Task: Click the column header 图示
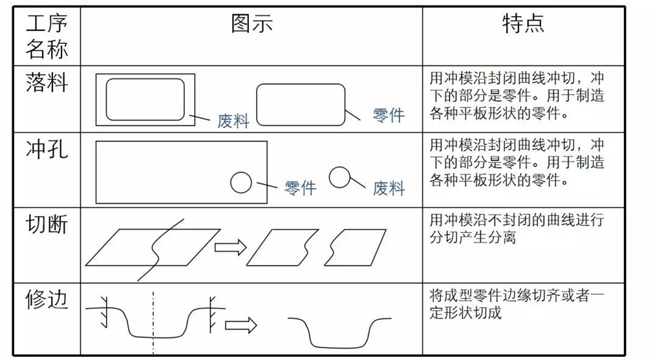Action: coord(251,24)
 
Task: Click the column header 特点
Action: coord(523,24)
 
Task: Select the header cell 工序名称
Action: coord(46,37)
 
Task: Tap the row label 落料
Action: coord(46,82)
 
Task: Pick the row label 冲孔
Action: coord(46,149)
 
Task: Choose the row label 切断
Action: coord(46,225)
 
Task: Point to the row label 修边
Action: coord(46,300)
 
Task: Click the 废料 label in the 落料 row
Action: coord(233,121)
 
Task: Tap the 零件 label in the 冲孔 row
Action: coord(300,187)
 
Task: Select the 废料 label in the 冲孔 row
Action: coord(388,187)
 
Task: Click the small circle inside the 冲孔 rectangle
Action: coord(241,182)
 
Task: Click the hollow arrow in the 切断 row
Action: coord(230,247)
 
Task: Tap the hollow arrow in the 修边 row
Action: coord(241,325)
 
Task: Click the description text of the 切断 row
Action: coord(516,228)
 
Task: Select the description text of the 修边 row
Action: coord(516,304)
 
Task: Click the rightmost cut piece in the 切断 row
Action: coord(354,247)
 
